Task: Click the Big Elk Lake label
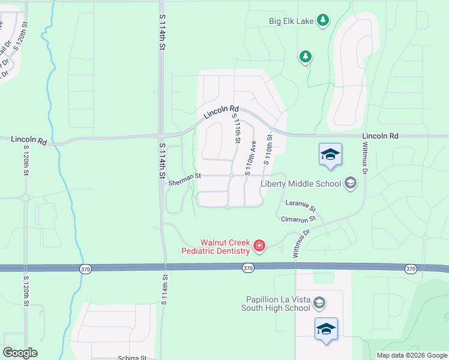click(x=291, y=22)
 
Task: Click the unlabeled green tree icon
click(x=306, y=57)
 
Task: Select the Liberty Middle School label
click(x=301, y=184)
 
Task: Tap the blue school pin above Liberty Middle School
click(x=330, y=155)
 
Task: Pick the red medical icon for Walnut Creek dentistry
click(x=259, y=245)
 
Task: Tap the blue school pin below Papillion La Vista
click(x=326, y=329)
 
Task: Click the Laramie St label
click(x=301, y=205)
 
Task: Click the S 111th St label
click(x=235, y=130)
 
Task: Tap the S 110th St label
click(x=268, y=149)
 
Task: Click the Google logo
click(x=20, y=353)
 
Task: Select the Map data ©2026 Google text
click(x=411, y=355)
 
